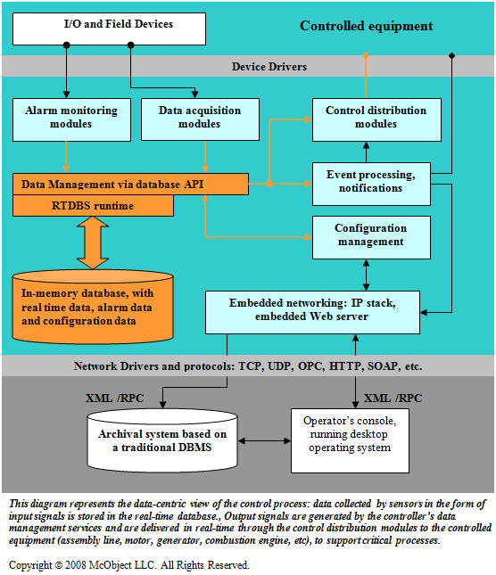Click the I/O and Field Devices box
tap(109, 29)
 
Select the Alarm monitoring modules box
tap(71, 119)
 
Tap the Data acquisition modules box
tap(200, 119)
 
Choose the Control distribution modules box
tap(376, 119)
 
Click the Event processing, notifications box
tap(371, 184)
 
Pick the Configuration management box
tap(371, 238)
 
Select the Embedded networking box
tap(312, 312)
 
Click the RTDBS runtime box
tap(93, 205)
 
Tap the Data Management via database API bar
tap(130, 184)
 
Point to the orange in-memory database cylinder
tap(93, 308)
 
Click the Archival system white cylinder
tap(162, 440)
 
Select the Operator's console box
tap(350, 440)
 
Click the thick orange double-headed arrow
tap(93, 242)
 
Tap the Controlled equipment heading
tap(366, 26)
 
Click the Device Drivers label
tap(269, 67)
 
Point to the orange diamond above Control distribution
tap(366, 55)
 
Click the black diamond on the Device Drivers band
tap(451, 55)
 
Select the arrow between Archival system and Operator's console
tap(264, 440)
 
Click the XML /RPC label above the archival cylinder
tap(115, 398)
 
